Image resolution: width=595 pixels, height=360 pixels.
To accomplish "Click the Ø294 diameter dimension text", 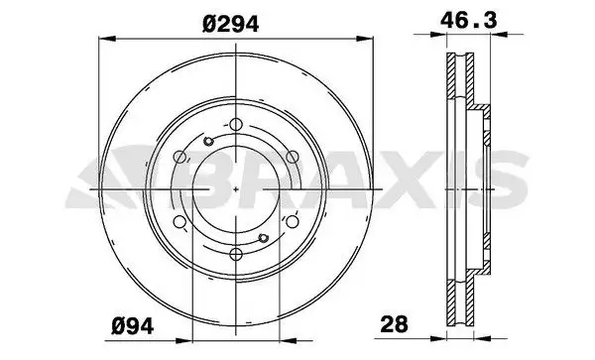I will click(x=236, y=25).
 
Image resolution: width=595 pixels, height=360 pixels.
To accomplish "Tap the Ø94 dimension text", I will click(x=134, y=323).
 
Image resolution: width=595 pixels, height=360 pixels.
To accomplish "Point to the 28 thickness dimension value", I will click(x=395, y=323).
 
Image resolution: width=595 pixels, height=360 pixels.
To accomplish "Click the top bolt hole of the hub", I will click(x=235, y=124).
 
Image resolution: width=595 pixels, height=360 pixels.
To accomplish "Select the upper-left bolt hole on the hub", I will click(x=178, y=157).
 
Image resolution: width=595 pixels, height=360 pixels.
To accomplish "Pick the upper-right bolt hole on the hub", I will click(x=292, y=157).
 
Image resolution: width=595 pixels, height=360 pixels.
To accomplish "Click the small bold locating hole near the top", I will click(x=207, y=142).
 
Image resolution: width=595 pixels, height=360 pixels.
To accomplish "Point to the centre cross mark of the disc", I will click(x=235, y=189).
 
